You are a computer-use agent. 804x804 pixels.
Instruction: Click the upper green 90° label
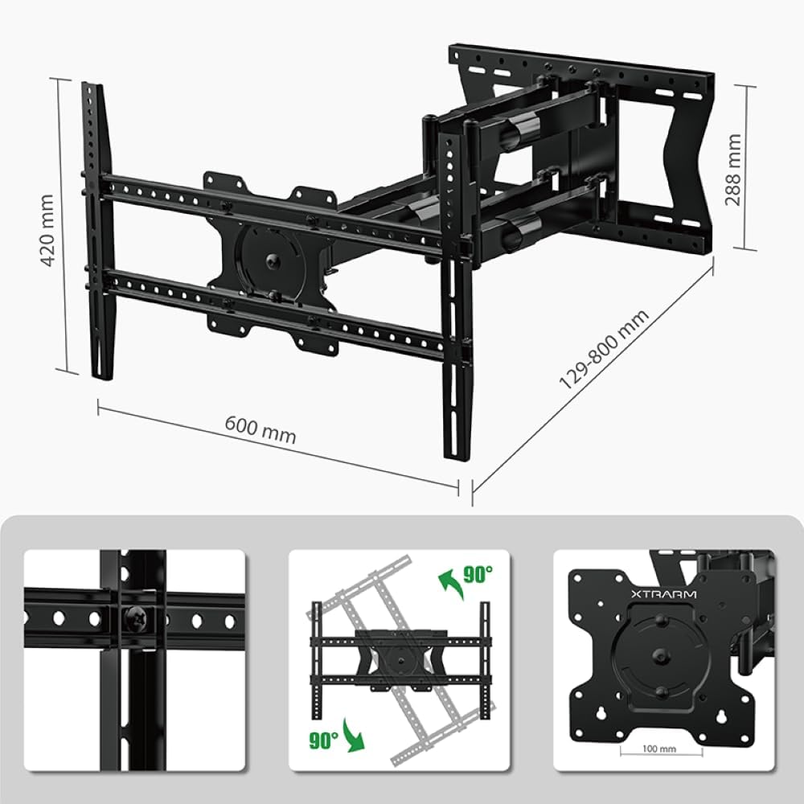478,574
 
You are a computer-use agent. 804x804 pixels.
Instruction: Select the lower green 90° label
322,740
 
